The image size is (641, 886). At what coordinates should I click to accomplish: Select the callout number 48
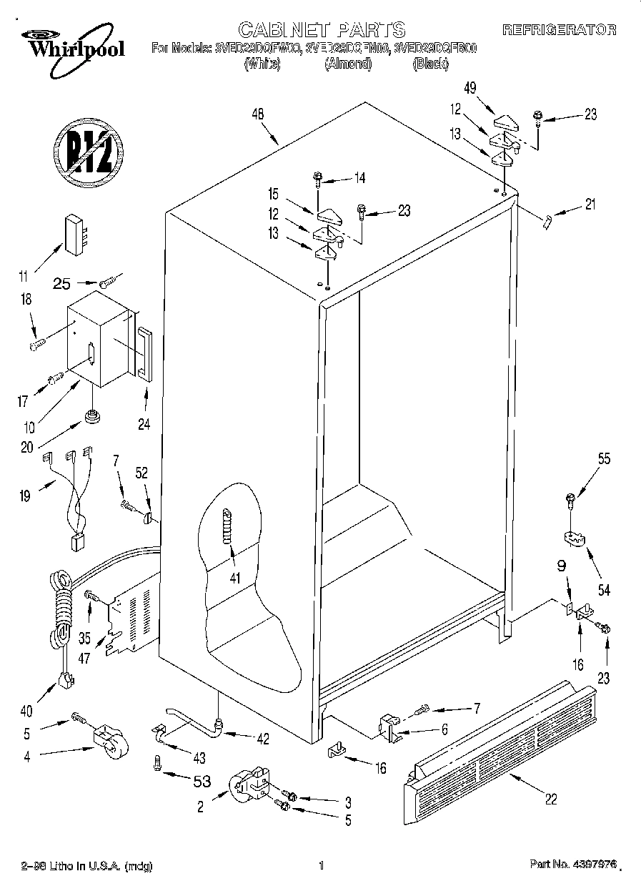pyautogui.click(x=258, y=113)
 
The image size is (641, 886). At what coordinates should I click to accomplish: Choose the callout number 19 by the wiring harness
pyautogui.click(x=25, y=495)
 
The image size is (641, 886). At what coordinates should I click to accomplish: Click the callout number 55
pyautogui.click(x=604, y=460)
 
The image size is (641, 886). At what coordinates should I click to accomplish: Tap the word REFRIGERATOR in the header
pyautogui.click(x=560, y=30)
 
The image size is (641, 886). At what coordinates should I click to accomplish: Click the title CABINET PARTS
pyautogui.click(x=321, y=29)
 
